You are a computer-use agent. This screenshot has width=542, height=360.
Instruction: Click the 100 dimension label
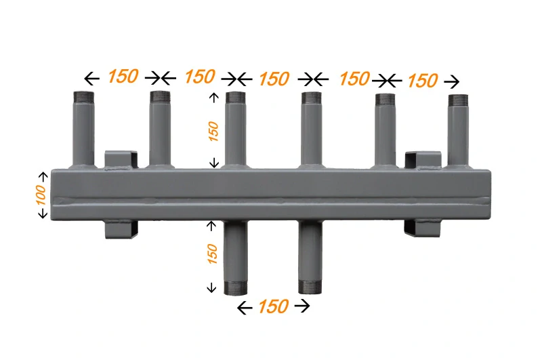pos(40,195)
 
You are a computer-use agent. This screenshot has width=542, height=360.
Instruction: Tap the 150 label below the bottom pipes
pos(273,306)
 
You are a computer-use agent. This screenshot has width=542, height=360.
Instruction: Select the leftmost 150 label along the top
pos(123,77)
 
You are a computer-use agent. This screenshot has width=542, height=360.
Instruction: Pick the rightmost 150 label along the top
pos(422,81)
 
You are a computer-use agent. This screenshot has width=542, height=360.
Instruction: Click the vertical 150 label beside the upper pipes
pos(213,131)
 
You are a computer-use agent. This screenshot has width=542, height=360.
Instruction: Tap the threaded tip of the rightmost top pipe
pos(459,99)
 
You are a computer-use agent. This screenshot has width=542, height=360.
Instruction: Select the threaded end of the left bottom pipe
pos(234,287)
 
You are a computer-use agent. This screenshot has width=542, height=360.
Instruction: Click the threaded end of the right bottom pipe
pos(311,287)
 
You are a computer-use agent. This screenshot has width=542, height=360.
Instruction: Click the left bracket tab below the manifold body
pos(121,229)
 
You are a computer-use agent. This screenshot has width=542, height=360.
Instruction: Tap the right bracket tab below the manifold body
pos(421,228)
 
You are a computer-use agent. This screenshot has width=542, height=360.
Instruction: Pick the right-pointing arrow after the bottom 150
pos(302,306)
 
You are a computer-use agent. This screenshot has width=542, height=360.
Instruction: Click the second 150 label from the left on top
pos(199,77)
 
